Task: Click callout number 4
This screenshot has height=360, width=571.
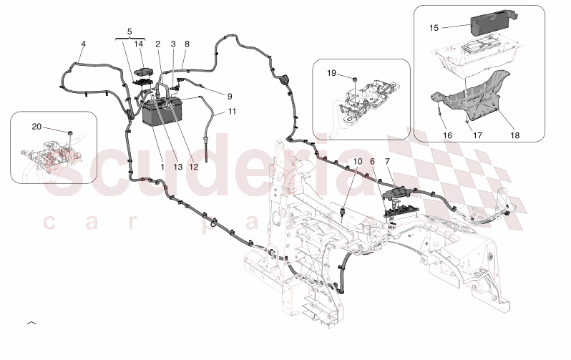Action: tap(83, 44)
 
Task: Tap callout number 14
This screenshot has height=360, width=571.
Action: tap(139, 44)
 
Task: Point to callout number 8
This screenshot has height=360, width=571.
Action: tap(187, 44)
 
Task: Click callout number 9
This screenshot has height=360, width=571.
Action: tap(230, 95)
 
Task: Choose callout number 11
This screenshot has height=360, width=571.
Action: tap(231, 112)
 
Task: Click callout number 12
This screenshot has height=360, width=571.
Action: tap(193, 166)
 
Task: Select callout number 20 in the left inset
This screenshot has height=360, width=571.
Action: tap(36, 127)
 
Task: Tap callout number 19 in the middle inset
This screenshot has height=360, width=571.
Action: tap(331, 73)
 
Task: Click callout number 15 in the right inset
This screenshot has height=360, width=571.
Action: tap(434, 28)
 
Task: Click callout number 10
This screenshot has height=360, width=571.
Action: tap(358, 162)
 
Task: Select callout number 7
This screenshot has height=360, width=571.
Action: tap(387, 162)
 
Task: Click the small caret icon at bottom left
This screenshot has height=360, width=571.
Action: tap(31, 324)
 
